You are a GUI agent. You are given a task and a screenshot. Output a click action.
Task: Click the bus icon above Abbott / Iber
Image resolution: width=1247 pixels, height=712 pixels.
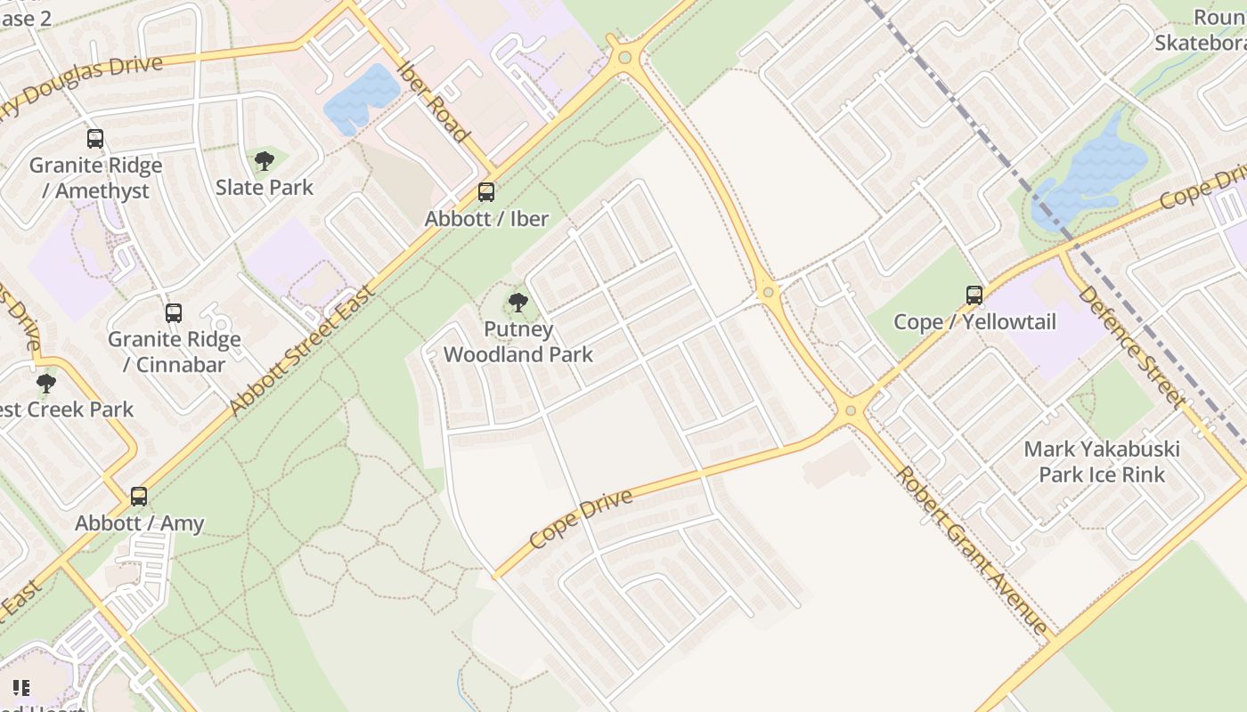pos(486,192)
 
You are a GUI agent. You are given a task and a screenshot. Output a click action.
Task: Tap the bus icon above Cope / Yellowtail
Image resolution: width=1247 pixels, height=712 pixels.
pos(974,295)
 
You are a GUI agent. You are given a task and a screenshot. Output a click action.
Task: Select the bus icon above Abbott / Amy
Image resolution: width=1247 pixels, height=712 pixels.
pos(139,497)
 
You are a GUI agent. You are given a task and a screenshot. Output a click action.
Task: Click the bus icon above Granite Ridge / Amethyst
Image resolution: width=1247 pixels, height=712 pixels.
pos(95,139)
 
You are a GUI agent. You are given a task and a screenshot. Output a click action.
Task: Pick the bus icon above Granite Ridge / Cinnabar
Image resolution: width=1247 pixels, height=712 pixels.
pos(174,313)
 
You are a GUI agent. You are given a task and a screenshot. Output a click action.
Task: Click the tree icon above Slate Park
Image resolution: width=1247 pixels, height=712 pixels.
pos(264,161)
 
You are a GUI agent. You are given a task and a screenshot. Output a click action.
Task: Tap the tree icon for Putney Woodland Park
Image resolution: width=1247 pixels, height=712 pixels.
pos(518,303)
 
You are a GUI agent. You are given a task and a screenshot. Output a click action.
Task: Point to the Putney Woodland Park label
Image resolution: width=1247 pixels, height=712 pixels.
pos(518,342)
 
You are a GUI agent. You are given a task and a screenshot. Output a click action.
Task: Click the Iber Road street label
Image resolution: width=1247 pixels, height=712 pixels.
pos(434,101)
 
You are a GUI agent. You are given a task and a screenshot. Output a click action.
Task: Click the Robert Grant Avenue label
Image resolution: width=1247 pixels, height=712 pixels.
pos(972,550)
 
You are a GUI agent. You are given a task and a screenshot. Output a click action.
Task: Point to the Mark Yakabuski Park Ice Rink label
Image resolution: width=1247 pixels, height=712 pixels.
pos(1102,461)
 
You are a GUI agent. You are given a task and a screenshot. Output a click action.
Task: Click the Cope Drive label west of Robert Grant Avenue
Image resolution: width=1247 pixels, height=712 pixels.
pos(581,519)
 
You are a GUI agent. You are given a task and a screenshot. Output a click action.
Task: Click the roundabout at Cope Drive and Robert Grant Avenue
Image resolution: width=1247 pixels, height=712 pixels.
pos(851,410)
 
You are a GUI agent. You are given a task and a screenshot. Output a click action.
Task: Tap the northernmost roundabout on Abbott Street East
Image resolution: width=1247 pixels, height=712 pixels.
pos(625,58)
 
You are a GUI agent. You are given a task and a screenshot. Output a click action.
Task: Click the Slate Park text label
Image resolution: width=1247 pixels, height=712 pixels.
pos(265,187)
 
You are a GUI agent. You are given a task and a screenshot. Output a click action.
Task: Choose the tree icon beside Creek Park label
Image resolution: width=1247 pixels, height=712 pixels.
pos(45,384)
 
